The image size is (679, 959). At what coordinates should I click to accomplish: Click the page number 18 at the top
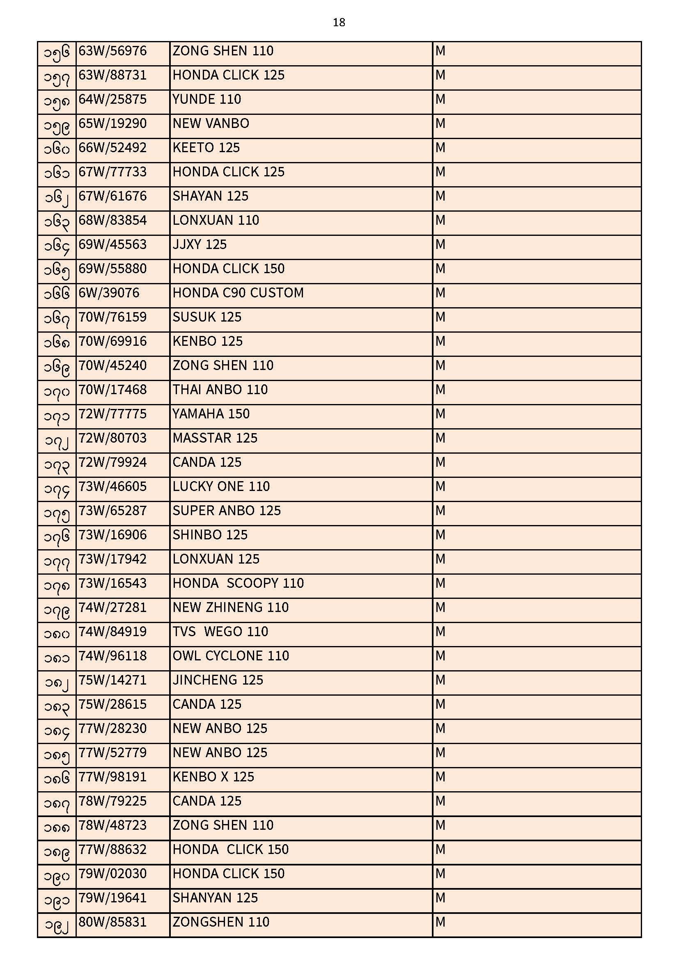[339, 23]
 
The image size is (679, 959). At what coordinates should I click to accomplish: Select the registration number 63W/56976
[112, 51]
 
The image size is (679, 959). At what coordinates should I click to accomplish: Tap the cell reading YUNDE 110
[206, 100]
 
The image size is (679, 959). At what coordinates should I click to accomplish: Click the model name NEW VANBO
[211, 124]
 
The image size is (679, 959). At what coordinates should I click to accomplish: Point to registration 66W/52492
[112, 148]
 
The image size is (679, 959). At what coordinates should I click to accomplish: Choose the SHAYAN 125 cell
[210, 196]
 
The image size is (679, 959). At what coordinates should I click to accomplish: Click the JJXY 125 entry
[200, 245]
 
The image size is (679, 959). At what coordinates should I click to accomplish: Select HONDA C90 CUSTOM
[238, 293]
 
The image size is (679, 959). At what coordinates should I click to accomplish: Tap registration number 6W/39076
[109, 293]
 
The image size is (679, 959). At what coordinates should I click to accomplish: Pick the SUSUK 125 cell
[207, 317]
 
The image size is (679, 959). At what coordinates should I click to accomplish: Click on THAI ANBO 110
[220, 390]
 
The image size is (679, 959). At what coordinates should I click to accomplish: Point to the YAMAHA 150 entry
[211, 414]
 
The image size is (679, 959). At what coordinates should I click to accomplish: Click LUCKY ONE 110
[221, 487]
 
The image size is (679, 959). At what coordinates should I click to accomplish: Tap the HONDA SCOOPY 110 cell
[238, 584]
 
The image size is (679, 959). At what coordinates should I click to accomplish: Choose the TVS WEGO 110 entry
[220, 632]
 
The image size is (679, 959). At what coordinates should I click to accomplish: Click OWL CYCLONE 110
[230, 656]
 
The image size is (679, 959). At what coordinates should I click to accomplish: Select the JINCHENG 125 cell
[218, 680]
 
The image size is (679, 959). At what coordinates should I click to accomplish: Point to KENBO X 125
[213, 777]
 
